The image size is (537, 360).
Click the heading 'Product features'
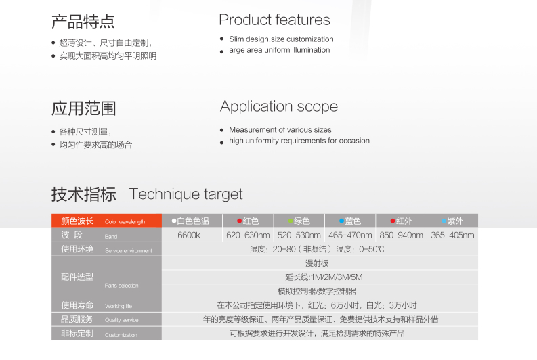point(274,20)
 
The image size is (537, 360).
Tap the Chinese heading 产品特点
point(83,22)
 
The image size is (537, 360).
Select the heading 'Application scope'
point(279,106)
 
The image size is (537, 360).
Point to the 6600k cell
point(189,235)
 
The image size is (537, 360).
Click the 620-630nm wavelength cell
point(248,235)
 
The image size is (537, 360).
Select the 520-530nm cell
point(299,235)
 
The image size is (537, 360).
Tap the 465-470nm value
point(350,235)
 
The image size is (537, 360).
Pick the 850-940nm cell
point(401,235)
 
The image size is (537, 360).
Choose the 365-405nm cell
point(452,235)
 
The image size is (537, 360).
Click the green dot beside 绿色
point(291,221)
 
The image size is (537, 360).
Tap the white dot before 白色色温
point(174,221)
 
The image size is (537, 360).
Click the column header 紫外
point(455,221)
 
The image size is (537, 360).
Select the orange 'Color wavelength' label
point(125,222)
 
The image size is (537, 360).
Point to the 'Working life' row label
point(119,306)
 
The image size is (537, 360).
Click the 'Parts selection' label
point(122,286)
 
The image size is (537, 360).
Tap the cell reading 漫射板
point(317,263)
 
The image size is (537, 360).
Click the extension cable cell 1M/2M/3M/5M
point(324,277)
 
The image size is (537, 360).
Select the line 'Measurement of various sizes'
point(280,130)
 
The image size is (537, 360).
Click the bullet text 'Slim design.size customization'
point(281,39)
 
